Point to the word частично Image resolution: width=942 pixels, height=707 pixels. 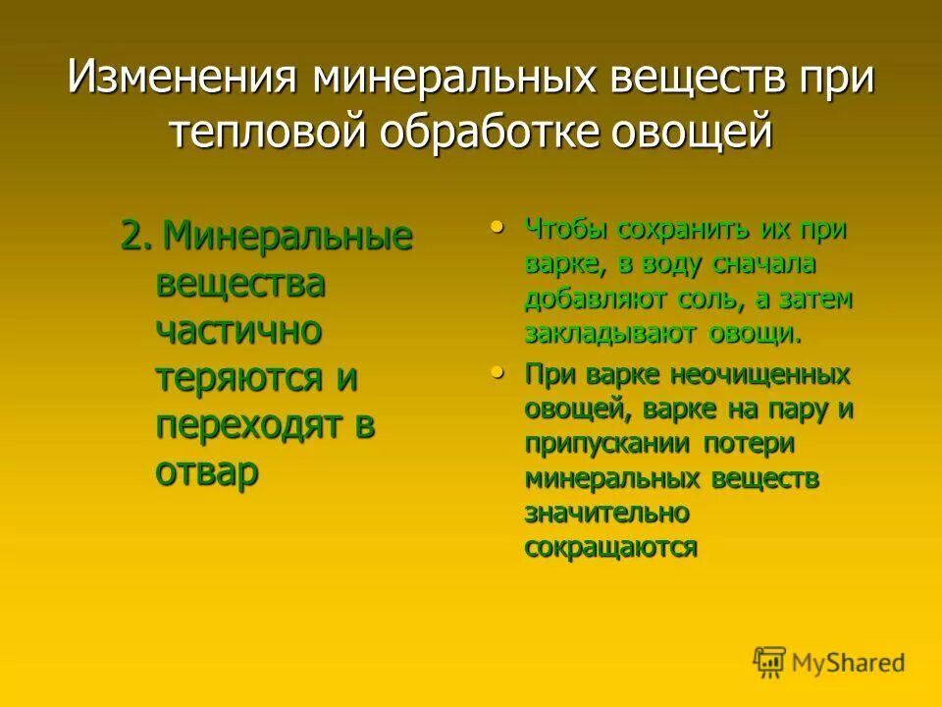point(238,331)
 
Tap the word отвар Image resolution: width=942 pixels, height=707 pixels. point(207,472)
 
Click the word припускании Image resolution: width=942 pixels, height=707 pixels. point(609,444)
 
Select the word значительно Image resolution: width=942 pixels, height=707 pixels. point(606,513)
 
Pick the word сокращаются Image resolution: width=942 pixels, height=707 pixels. point(610,547)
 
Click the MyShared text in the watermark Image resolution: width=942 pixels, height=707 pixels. point(849,662)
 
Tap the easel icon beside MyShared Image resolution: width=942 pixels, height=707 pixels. point(769,661)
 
